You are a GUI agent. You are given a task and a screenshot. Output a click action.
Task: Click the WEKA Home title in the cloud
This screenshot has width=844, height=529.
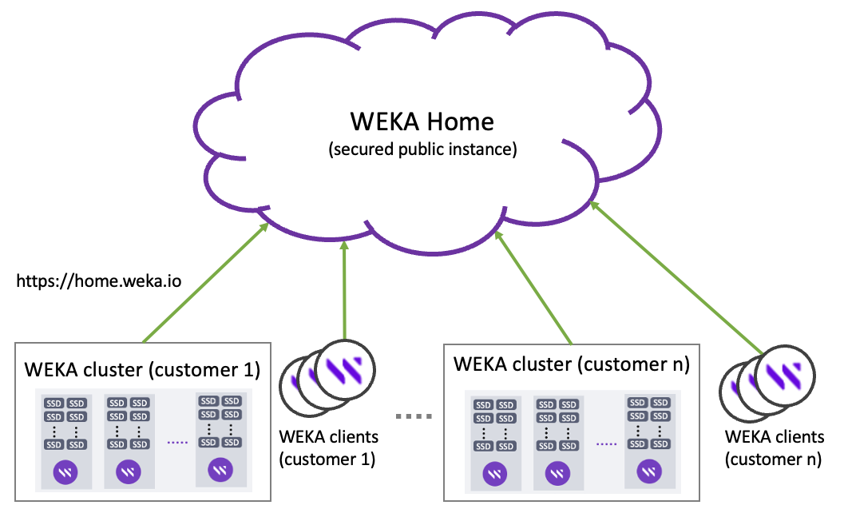click(x=422, y=121)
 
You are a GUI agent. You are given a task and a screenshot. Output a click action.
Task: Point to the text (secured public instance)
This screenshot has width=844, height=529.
click(x=422, y=149)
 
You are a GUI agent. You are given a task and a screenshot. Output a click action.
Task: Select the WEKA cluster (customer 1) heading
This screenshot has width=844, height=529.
click(x=143, y=370)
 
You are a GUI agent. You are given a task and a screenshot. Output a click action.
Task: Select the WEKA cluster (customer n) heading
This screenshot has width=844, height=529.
click(x=571, y=364)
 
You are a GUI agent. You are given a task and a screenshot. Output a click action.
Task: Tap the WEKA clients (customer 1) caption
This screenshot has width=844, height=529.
click(x=328, y=448)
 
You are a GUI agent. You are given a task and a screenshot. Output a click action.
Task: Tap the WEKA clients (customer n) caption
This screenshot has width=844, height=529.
click(x=774, y=448)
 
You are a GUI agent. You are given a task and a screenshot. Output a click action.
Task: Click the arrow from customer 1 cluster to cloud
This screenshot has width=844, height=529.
click(x=204, y=284)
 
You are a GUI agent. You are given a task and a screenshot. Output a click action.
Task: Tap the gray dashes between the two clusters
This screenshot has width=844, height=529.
click(x=414, y=416)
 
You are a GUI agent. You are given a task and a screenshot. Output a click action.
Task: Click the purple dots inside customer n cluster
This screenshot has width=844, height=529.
click(x=606, y=443)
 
